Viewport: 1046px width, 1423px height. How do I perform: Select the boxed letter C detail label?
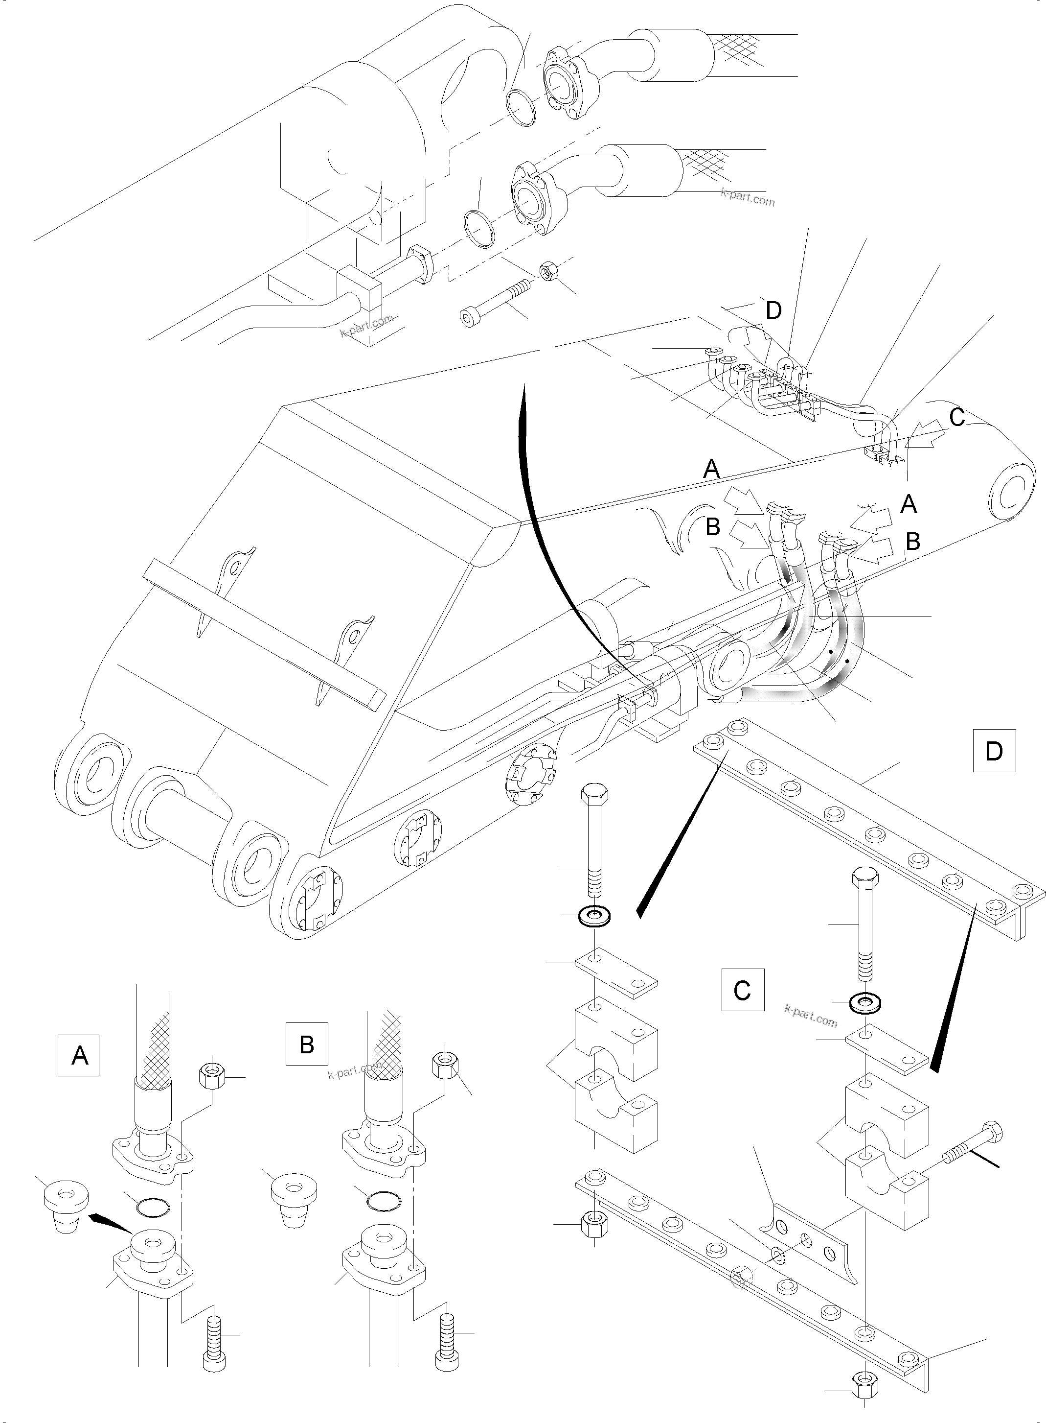[742, 1007]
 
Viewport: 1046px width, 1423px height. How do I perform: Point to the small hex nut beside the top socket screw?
[547, 271]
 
